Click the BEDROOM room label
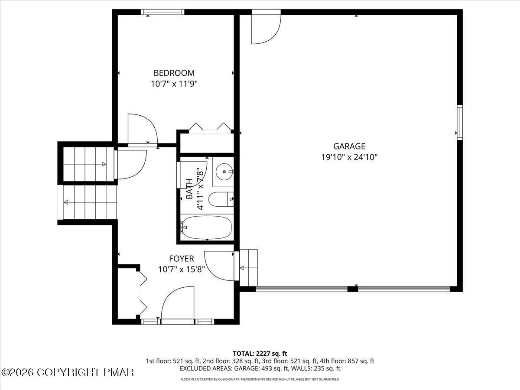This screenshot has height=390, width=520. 174,73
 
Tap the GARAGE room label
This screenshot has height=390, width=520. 349,146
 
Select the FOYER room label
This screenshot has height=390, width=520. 181,259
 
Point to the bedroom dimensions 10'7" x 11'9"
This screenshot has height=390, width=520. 174,84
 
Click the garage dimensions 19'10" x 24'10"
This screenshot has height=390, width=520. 349,157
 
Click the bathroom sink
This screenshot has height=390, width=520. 224,172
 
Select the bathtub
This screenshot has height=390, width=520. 206,227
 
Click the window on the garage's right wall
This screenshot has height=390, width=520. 460,122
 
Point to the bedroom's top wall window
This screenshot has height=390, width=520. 162,12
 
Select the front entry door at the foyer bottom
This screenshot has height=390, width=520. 177,303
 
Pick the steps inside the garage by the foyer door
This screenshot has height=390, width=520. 249,268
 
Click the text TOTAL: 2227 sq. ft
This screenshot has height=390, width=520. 260,354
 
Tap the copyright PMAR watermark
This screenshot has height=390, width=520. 68,372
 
